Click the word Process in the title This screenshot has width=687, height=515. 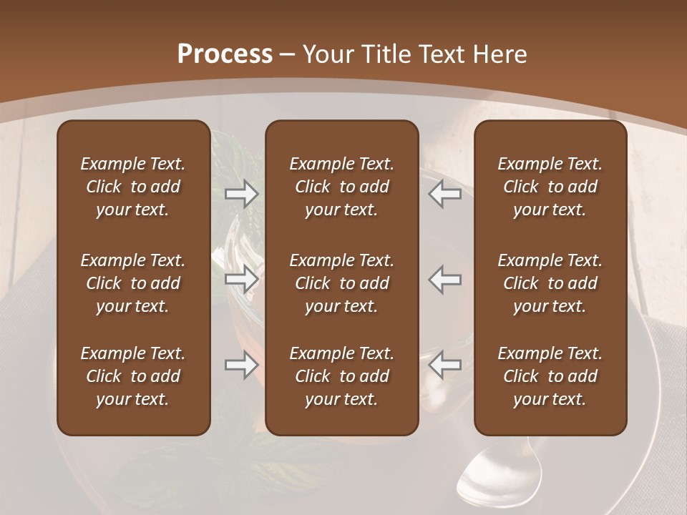pos(225,54)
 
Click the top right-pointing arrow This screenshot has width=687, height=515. pos(242,194)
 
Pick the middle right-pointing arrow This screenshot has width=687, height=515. pos(242,279)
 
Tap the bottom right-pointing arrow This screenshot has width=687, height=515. pos(242,365)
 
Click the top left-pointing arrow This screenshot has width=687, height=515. pos(445,194)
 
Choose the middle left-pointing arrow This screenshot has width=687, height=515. pos(445,279)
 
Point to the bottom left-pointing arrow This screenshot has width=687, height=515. pos(445,365)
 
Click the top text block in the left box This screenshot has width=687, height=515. pos(133,187)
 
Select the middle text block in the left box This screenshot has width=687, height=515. pos(133,283)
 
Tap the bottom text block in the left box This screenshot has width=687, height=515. pos(133,376)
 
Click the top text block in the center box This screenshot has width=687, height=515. pos(341,187)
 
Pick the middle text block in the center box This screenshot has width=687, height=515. pos(341,283)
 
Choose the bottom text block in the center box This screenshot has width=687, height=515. pos(341,376)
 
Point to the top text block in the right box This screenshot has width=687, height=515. pos(550,187)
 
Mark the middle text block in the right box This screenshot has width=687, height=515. pos(550,283)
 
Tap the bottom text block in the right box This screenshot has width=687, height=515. pos(550,376)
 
